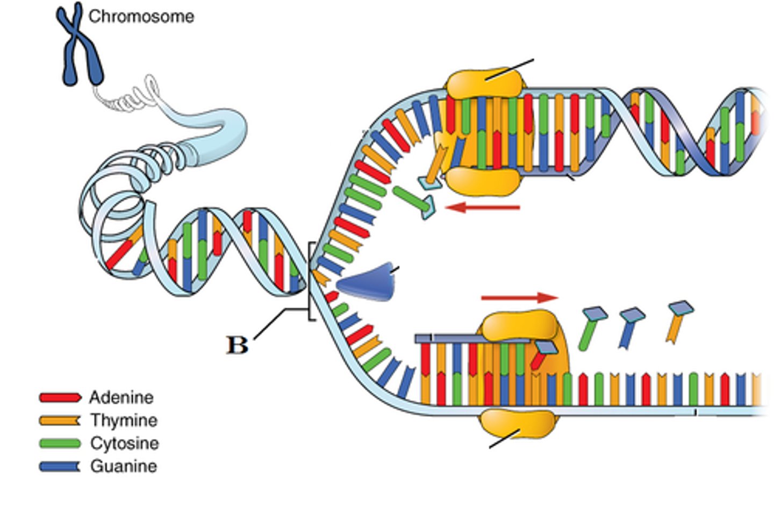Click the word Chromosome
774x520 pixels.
coord(141,17)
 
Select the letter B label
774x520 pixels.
coord(236,345)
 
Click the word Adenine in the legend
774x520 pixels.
coord(121,397)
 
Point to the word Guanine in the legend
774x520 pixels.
coord(124,466)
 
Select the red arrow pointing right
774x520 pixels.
coord(519,297)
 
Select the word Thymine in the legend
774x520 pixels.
coord(124,421)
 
